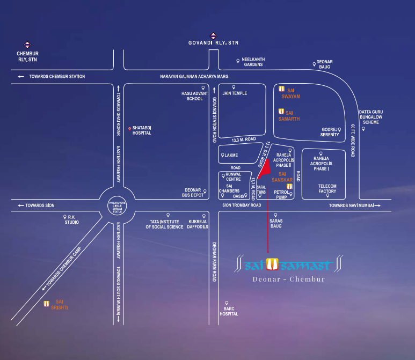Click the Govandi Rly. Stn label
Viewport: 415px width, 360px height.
(x=213, y=43)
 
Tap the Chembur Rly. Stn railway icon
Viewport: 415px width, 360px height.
(x=27, y=46)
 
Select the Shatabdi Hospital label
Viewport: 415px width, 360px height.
(x=142, y=130)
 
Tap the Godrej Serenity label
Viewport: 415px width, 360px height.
(x=330, y=132)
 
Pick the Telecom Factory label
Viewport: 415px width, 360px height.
(x=327, y=188)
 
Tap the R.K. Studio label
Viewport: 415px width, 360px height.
(x=73, y=221)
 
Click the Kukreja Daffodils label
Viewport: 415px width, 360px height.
(x=198, y=224)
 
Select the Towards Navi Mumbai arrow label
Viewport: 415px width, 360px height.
(x=354, y=205)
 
